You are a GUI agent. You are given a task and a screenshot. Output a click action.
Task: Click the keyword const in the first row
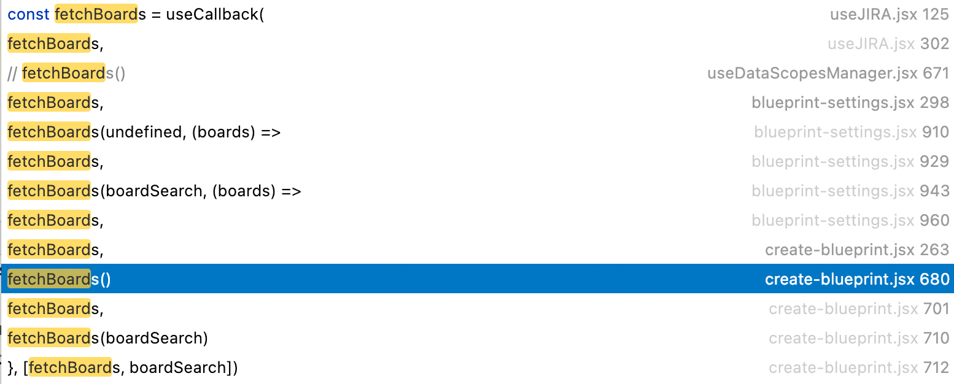click(28, 14)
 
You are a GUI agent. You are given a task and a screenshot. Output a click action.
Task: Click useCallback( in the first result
click(215, 14)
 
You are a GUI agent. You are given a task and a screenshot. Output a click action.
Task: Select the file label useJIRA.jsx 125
click(889, 14)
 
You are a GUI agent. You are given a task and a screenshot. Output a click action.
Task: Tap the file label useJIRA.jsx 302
click(888, 44)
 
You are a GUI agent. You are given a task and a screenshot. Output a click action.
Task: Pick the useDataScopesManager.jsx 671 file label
click(828, 73)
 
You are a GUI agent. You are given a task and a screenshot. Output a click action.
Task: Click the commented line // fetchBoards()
click(66, 73)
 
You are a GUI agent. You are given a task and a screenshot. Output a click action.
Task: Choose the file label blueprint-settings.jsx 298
click(850, 102)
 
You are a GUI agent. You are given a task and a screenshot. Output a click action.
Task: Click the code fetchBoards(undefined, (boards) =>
click(144, 132)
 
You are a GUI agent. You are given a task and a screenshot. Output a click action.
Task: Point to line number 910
click(935, 132)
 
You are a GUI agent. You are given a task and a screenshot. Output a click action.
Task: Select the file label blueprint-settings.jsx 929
click(850, 161)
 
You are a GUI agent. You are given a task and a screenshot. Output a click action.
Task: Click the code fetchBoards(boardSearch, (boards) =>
click(154, 191)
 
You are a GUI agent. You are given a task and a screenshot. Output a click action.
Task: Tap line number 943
click(935, 191)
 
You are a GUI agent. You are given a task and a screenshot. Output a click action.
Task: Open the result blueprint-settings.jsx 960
click(850, 220)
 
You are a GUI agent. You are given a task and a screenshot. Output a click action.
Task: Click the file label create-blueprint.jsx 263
click(857, 250)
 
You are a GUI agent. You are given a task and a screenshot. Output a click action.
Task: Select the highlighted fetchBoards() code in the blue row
click(59, 279)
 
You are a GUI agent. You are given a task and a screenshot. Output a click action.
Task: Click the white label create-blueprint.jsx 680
click(857, 279)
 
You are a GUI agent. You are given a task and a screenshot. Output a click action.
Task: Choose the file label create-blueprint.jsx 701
click(859, 309)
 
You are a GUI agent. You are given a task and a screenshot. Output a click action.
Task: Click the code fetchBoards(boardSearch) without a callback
click(107, 338)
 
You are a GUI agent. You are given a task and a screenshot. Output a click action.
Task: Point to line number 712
click(936, 367)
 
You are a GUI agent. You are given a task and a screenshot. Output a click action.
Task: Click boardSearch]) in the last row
click(184, 367)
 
